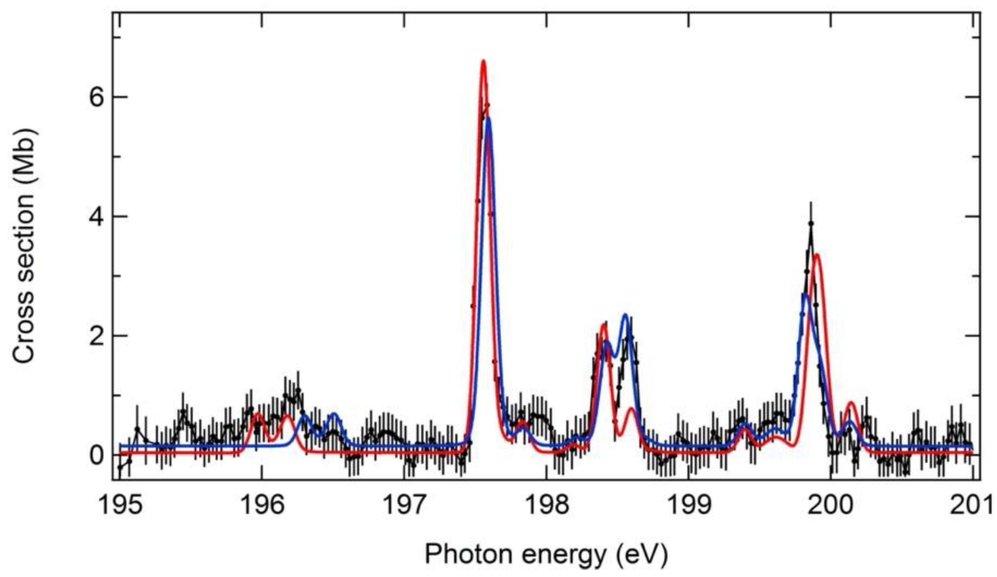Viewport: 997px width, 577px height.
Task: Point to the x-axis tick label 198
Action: click(x=546, y=506)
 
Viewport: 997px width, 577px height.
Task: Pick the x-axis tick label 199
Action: click(x=689, y=506)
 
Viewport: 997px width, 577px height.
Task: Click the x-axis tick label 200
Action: click(x=831, y=506)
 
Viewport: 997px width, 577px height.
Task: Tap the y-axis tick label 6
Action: click(x=97, y=97)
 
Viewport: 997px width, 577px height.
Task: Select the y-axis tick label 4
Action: click(x=97, y=217)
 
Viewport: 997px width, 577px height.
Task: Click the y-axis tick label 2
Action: click(x=97, y=336)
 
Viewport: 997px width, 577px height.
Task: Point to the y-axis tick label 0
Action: click(x=97, y=456)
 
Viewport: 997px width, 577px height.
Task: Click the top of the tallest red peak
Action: click(x=483, y=61)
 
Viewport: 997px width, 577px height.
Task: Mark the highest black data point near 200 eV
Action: click(x=811, y=223)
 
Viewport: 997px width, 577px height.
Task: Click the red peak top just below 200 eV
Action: click(x=816, y=254)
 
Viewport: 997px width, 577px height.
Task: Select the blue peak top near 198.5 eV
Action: click(x=625, y=315)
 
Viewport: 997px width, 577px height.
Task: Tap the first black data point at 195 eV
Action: click(x=120, y=467)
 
